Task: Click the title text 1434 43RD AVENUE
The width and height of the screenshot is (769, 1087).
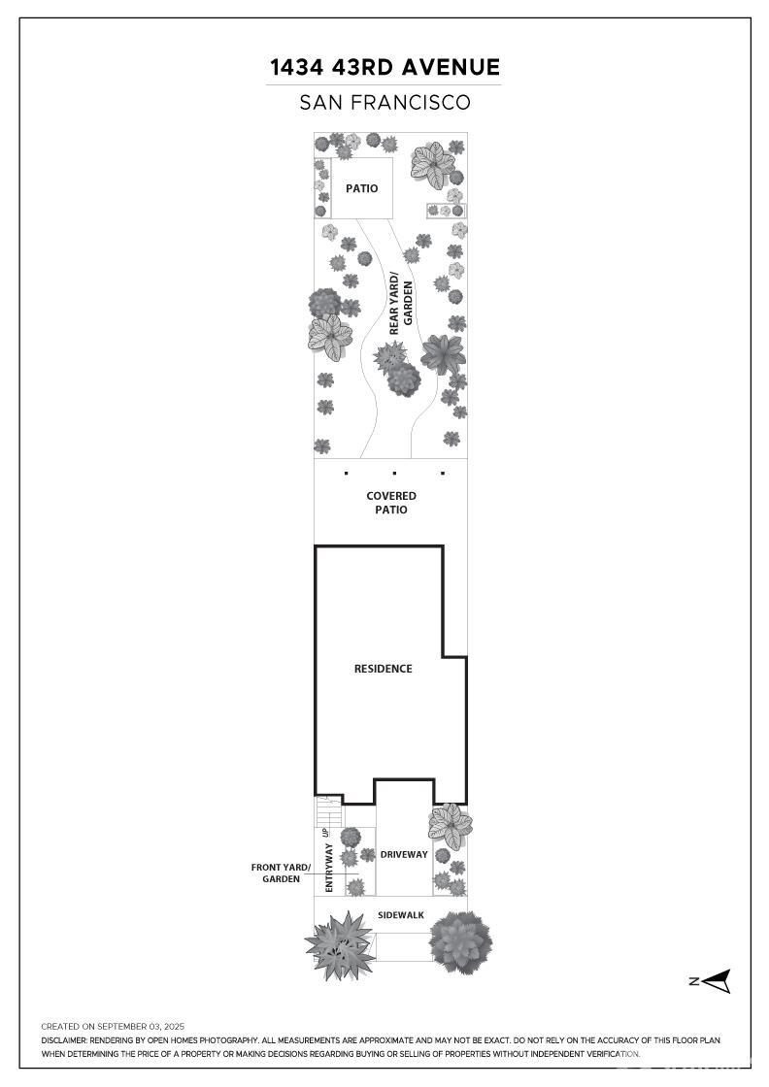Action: click(x=384, y=67)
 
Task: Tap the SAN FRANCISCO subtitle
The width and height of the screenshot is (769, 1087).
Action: click(x=384, y=103)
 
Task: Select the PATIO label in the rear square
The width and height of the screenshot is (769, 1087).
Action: click(x=362, y=188)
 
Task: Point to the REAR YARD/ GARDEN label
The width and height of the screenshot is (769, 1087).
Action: click(x=401, y=307)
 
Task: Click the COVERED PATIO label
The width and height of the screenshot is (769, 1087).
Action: click(x=391, y=503)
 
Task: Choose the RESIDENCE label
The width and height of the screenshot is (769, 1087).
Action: click(x=383, y=669)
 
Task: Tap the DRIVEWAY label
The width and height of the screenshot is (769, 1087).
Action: click(x=404, y=855)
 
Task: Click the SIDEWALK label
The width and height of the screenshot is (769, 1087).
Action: click(x=401, y=915)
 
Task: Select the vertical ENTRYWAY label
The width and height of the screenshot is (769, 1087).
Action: click(x=329, y=868)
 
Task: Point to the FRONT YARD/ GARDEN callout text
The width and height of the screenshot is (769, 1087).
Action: click(x=281, y=873)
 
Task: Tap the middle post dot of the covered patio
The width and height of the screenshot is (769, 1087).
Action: click(x=394, y=474)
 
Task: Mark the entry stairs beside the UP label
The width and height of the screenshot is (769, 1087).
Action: click(x=329, y=811)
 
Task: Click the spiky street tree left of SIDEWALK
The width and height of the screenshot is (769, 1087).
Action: click(x=340, y=945)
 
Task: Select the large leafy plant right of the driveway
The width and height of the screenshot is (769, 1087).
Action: click(x=450, y=826)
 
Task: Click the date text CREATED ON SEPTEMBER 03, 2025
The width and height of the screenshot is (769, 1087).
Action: click(x=113, y=1027)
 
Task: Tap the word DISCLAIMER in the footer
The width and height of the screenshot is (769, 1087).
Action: click(x=64, y=1040)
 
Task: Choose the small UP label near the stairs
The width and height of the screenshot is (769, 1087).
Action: click(x=324, y=832)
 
